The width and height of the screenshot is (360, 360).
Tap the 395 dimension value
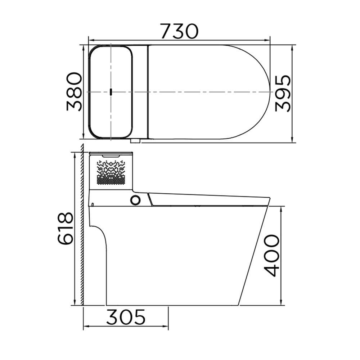point(283,93)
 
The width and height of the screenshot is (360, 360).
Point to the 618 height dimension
point(66,229)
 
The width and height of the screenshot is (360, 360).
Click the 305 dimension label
point(126,317)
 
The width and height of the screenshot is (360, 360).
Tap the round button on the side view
point(135,200)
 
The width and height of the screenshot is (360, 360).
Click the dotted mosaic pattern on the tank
point(111,172)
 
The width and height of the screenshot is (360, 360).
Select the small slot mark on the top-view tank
point(111,92)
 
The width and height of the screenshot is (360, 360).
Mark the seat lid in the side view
point(209,199)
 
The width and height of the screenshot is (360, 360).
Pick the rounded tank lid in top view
point(111,92)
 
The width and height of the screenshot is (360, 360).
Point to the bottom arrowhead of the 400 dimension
point(281,303)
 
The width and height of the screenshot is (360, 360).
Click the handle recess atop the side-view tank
point(111,156)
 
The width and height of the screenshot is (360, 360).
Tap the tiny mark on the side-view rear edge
point(93,205)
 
